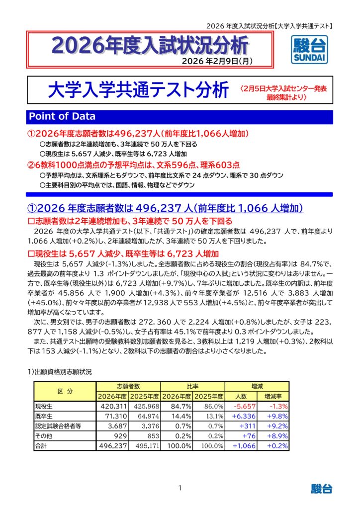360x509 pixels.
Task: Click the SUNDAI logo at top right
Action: (x=308, y=50)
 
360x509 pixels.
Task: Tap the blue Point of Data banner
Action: (x=180, y=116)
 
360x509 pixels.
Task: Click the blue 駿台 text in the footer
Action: (x=322, y=489)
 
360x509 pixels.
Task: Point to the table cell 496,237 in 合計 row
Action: (x=112, y=445)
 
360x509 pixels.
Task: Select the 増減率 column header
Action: (x=273, y=396)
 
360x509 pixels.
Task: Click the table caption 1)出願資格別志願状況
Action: (x=59, y=372)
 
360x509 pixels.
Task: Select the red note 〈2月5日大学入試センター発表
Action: (x=282, y=88)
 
